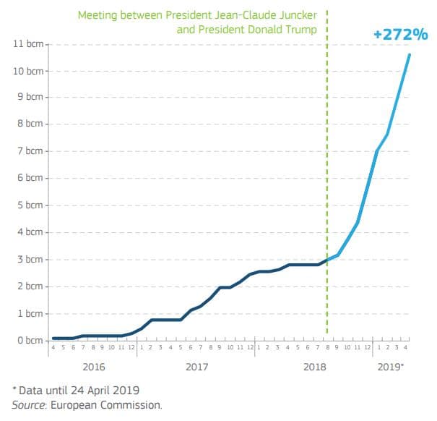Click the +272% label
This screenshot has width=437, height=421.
pyautogui.click(x=400, y=34)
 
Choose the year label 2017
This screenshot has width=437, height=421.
pyautogui.click(x=197, y=367)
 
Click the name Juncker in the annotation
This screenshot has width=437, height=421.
pyautogui.click(x=294, y=14)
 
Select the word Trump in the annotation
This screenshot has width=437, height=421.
pyautogui.click(x=303, y=30)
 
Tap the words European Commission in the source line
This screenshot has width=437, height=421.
pyautogui.click(x=116, y=405)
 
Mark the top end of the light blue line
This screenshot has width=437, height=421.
pyautogui.click(x=410, y=54)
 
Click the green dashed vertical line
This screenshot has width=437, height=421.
pyautogui.click(x=327, y=181)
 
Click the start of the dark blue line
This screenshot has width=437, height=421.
pyautogui.click(x=53, y=338)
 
